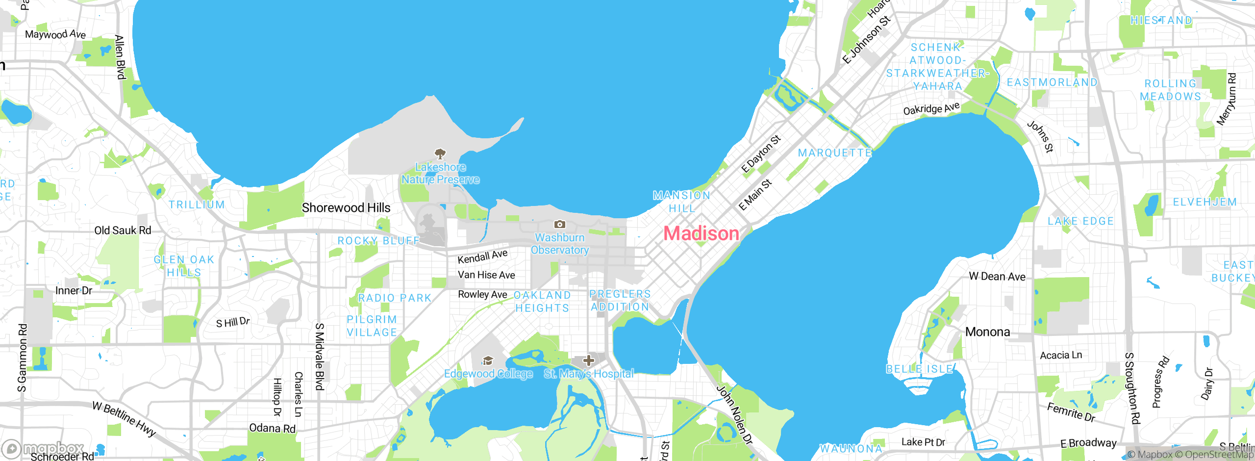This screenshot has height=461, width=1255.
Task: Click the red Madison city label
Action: point(701,233)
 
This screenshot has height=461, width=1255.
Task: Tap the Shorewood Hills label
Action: point(346,208)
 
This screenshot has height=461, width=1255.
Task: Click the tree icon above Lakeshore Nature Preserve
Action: point(440,154)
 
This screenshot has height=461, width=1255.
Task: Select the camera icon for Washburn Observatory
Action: point(559,225)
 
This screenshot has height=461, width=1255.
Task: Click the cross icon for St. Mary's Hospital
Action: point(589,361)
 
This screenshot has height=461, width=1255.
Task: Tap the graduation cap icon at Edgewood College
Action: point(487,361)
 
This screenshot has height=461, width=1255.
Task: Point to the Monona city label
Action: point(987,332)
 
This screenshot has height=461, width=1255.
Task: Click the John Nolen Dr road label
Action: point(734,415)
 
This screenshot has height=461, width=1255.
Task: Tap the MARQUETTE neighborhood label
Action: point(835,153)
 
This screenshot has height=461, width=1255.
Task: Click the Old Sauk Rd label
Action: point(123,230)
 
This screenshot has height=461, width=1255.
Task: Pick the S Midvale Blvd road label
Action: point(319,357)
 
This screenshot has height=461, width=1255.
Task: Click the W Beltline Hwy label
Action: point(124,419)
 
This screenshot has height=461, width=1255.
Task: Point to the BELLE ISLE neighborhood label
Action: point(920,369)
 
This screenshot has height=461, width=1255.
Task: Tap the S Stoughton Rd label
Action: point(1132,388)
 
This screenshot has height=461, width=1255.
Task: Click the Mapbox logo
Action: point(43,449)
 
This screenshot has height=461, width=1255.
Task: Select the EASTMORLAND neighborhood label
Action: point(1052,82)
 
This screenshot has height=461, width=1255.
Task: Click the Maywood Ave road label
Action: point(55,34)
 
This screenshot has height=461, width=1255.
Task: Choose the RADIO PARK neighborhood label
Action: point(395,298)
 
